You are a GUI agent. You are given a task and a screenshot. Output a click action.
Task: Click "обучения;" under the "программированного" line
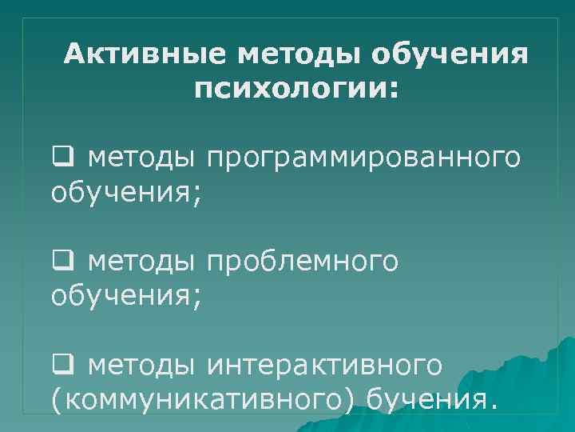[x=126, y=193]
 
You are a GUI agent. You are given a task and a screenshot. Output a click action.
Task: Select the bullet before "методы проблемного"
[x=60, y=260]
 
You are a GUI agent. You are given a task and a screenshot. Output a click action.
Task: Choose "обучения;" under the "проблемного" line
[x=126, y=297]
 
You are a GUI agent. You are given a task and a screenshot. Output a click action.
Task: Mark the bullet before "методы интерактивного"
[x=60, y=364]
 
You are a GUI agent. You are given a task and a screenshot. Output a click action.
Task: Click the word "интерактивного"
[x=323, y=366]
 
